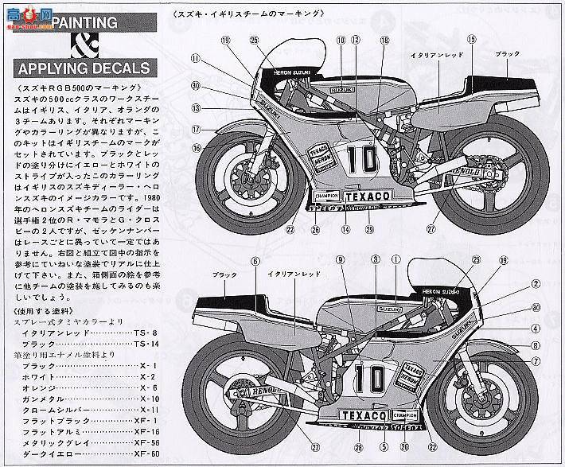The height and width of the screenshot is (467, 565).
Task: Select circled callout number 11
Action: (x=193, y=57)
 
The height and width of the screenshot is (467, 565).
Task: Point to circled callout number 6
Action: (x=255, y=262)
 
